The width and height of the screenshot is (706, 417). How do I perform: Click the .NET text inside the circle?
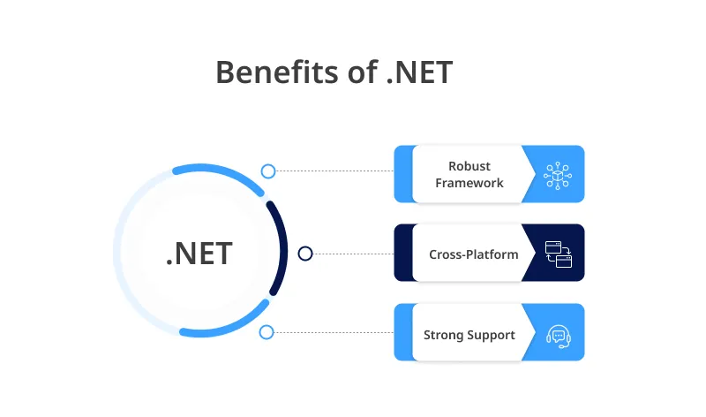point(199,254)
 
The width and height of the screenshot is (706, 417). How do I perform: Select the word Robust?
point(469,166)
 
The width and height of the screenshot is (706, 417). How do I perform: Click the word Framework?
point(469,183)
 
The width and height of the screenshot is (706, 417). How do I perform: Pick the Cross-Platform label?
point(473,254)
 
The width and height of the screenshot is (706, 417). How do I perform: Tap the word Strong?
point(446,335)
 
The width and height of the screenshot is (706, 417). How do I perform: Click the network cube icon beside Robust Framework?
point(559,174)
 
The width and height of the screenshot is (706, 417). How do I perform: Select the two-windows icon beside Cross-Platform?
point(559,254)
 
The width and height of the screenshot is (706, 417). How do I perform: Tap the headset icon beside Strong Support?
point(559,334)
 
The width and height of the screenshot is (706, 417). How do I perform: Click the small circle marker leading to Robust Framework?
point(268,171)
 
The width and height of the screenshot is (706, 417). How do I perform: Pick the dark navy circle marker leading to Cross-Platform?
point(305,254)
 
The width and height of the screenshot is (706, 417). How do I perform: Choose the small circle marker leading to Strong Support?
point(267,332)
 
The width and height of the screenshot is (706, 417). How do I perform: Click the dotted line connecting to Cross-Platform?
point(353,254)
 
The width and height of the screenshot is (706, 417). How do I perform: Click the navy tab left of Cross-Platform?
point(402,254)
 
